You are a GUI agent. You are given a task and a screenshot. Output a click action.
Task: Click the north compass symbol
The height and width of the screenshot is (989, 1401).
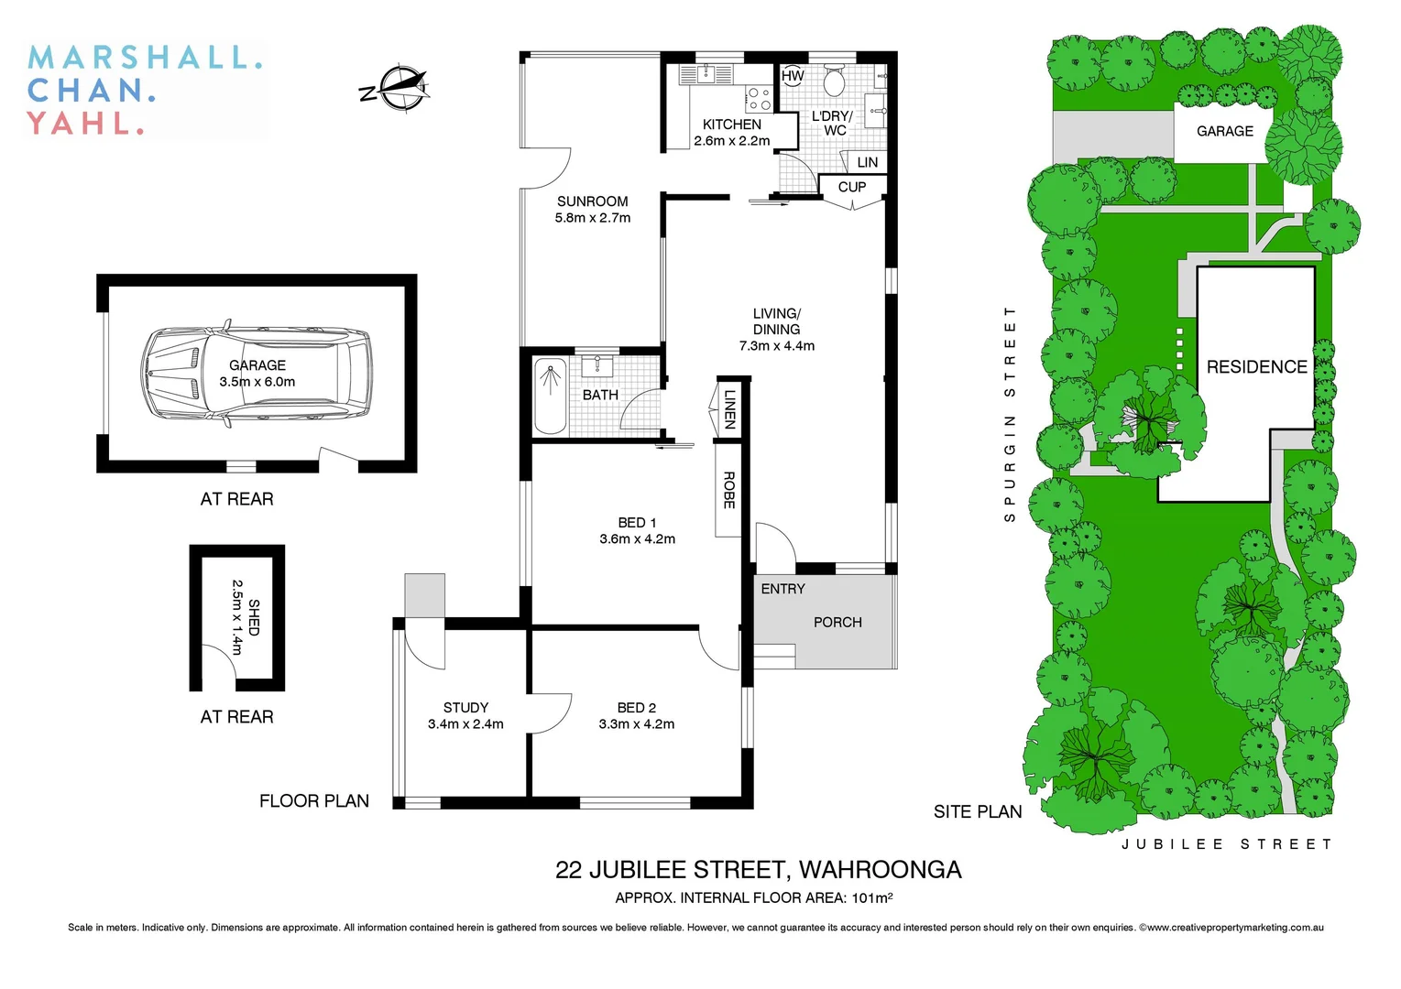click(399, 88)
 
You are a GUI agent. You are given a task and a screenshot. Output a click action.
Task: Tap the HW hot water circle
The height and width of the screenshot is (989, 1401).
click(793, 76)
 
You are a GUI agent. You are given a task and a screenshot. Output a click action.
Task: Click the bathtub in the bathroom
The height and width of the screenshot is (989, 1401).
click(550, 395)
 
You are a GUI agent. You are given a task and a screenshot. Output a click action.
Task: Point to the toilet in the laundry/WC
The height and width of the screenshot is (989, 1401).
click(834, 82)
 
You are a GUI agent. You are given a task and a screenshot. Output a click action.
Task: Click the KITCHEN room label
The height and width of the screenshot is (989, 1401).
click(731, 125)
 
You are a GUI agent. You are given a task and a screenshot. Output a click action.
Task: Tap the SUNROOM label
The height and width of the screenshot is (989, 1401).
click(592, 201)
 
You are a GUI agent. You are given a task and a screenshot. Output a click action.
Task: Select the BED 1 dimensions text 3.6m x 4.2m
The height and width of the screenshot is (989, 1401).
click(637, 539)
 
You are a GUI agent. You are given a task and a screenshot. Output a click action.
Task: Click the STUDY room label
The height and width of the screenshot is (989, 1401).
click(465, 707)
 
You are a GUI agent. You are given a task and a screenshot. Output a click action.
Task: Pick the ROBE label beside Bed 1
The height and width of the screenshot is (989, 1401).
click(729, 490)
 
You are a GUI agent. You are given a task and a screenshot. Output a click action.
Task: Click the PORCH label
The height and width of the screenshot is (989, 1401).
click(837, 623)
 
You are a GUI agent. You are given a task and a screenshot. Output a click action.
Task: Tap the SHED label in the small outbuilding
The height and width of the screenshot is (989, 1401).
click(254, 617)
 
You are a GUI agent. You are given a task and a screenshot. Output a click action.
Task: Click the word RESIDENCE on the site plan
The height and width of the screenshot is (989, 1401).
click(1256, 367)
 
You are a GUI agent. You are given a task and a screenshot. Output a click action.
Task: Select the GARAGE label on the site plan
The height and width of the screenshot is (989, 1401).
click(1224, 132)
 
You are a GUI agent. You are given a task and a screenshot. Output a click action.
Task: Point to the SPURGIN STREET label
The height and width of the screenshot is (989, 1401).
click(1010, 414)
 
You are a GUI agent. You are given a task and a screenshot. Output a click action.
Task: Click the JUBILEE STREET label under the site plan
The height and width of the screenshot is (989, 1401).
click(1226, 844)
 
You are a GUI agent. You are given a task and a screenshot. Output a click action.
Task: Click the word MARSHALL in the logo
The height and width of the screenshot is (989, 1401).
click(145, 58)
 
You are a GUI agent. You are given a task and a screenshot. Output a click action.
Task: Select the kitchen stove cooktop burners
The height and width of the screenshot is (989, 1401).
click(759, 98)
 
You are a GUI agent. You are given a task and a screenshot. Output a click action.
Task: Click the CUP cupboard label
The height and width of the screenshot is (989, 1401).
click(851, 187)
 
